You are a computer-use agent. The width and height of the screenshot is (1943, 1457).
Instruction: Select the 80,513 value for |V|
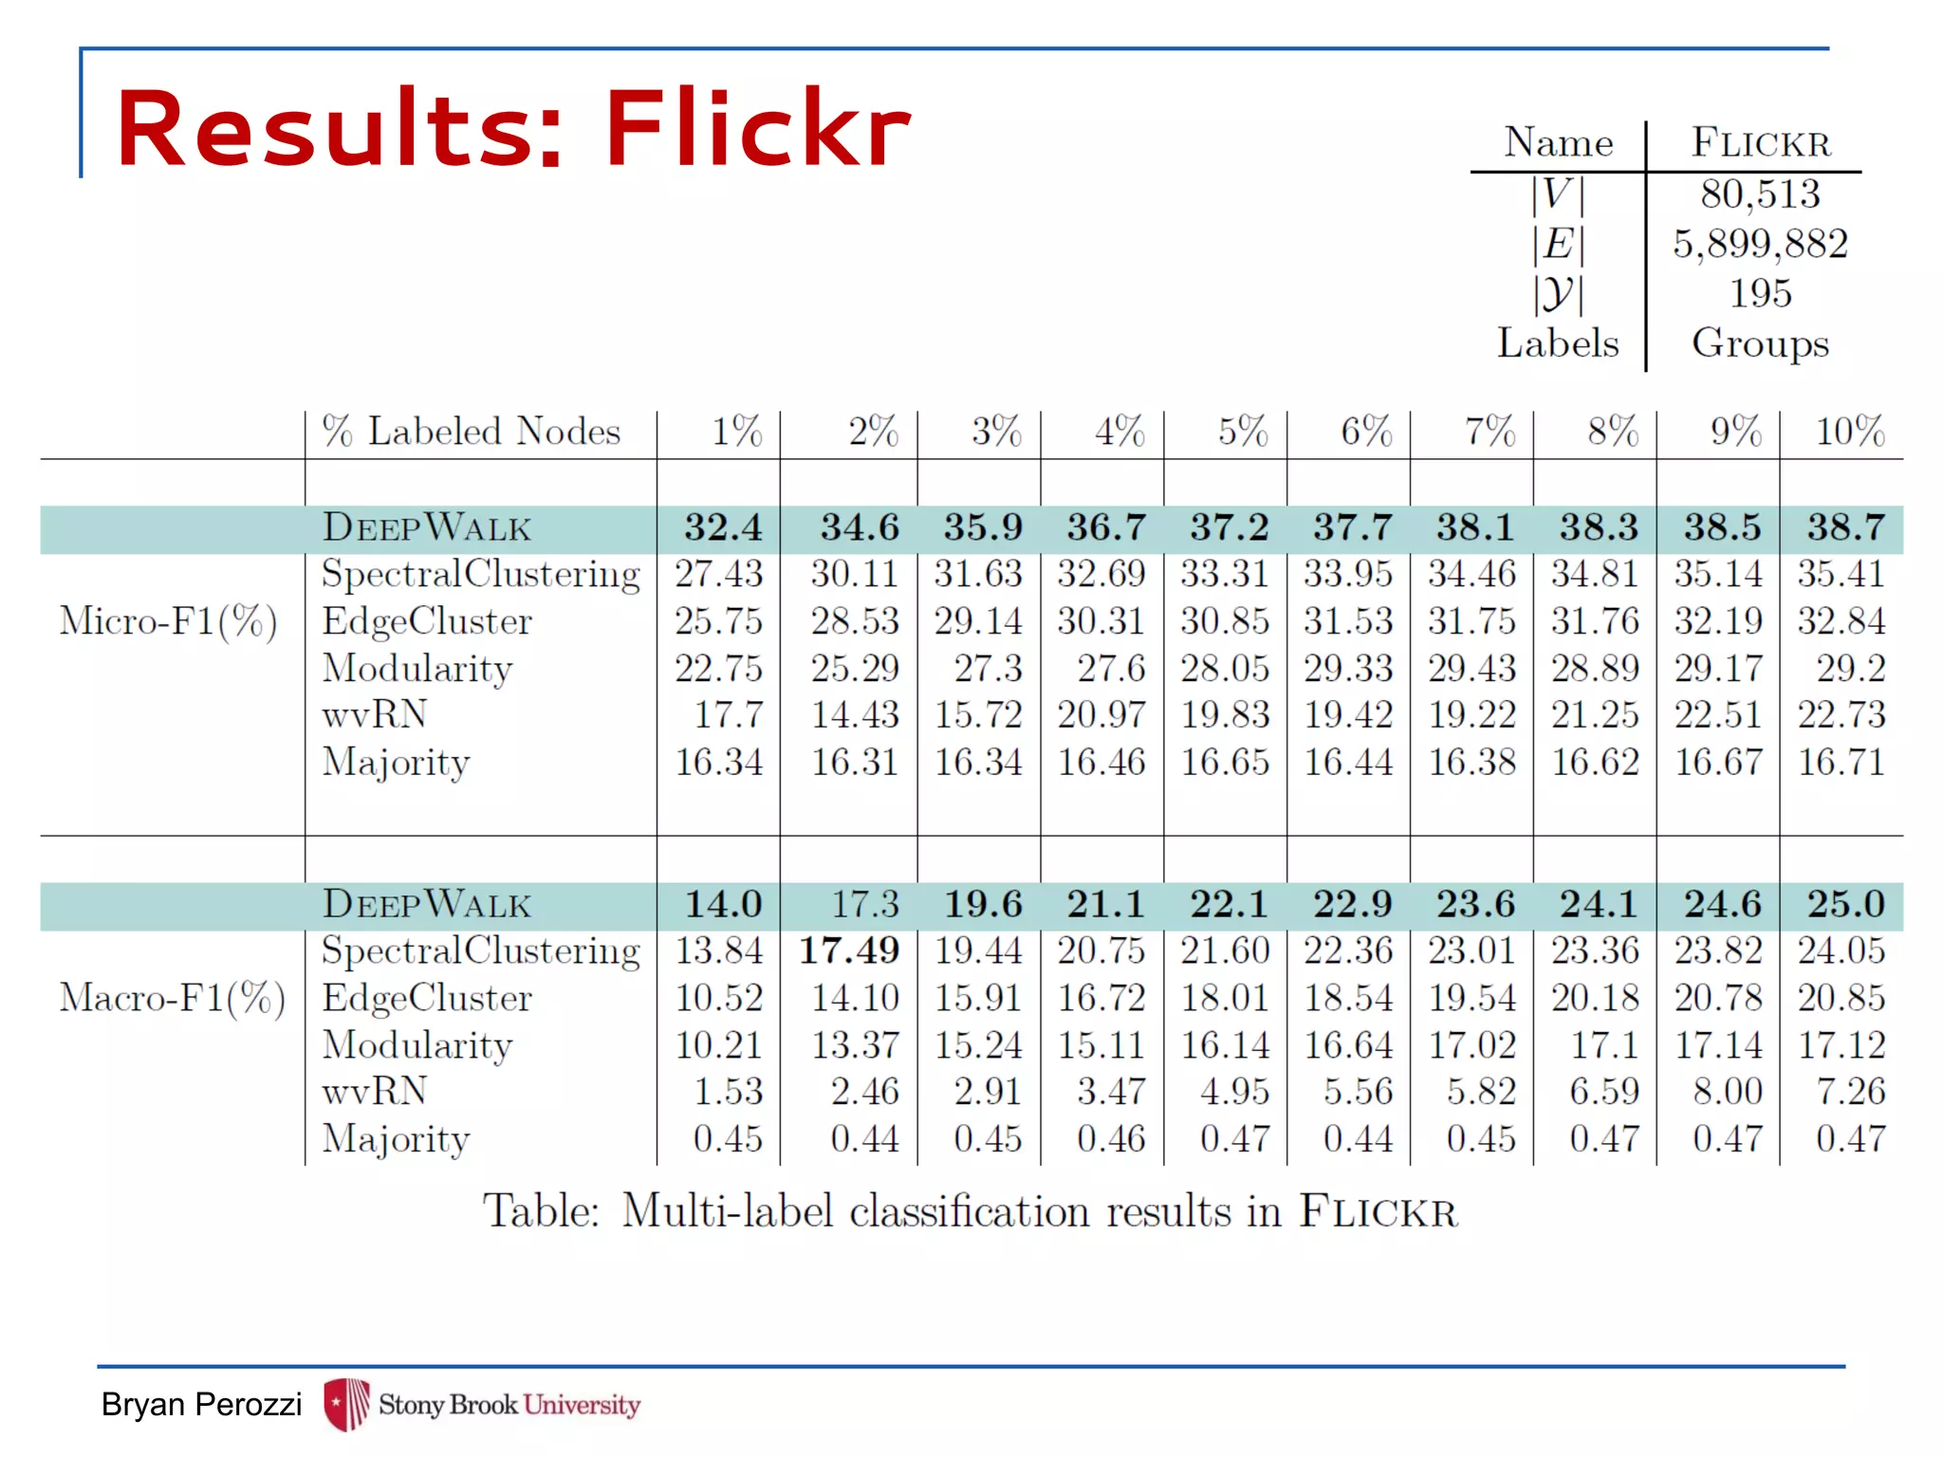click(1760, 194)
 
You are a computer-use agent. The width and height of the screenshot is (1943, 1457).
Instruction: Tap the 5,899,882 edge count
click(1760, 244)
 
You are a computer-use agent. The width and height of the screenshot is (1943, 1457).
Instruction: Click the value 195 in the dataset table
click(1760, 293)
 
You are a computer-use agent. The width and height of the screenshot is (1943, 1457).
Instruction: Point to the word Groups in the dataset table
click(1760, 343)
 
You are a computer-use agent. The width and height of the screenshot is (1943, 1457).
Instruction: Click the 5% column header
click(1243, 432)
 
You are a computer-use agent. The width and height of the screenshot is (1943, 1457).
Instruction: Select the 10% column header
click(1849, 432)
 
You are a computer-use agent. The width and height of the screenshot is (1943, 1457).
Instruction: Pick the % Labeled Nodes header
click(471, 432)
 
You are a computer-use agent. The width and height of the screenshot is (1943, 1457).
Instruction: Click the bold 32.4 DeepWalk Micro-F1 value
click(723, 527)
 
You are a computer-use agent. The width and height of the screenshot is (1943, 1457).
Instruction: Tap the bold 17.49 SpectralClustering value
click(849, 950)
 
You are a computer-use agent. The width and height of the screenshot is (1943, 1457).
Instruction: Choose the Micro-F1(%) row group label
click(168, 621)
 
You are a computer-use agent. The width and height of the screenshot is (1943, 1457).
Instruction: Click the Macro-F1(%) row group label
click(172, 998)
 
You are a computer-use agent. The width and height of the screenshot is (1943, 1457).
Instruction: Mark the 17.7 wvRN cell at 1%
click(728, 714)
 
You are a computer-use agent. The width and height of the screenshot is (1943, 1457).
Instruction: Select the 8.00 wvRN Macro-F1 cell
click(1728, 1091)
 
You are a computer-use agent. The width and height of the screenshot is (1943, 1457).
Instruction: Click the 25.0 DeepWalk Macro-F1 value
click(1845, 904)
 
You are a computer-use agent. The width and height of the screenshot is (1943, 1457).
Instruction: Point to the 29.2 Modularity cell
click(1850, 669)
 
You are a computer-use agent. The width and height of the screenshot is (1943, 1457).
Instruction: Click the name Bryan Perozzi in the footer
click(201, 1404)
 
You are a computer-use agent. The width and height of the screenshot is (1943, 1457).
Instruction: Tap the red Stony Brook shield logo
click(346, 1404)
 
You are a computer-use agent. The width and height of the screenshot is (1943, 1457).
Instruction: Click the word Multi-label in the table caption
click(728, 1211)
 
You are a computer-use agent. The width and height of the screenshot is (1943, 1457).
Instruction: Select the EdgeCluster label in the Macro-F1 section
click(427, 998)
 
